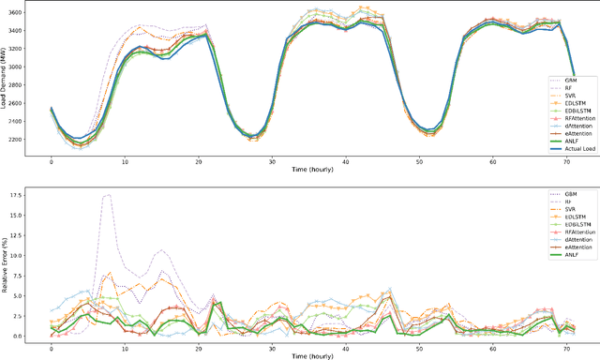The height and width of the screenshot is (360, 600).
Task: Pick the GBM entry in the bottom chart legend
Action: tap(563, 193)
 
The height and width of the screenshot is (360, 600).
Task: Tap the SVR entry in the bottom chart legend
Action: tap(562, 211)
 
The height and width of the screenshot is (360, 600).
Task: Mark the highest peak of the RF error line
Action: tap(109, 195)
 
